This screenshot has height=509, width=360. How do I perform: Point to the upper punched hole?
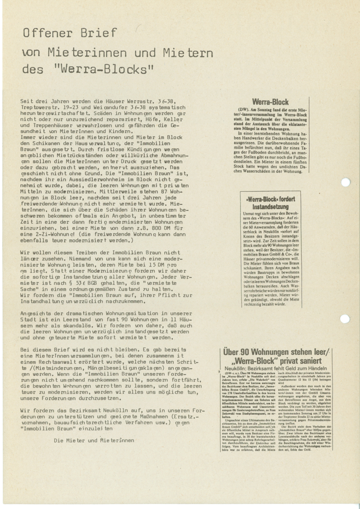345,182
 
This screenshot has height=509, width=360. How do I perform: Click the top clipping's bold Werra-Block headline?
270,102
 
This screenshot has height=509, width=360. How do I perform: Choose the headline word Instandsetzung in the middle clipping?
270,205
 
